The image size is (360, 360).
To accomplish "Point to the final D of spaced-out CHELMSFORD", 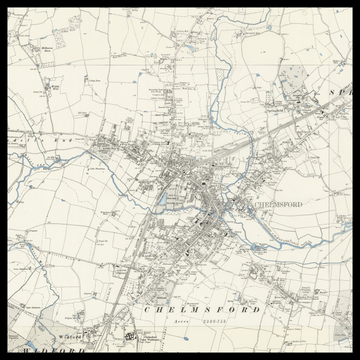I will [x=257, y=310].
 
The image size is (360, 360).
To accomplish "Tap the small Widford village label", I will [x=68, y=337].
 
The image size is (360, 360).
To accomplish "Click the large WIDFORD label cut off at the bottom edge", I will [x=40, y=351].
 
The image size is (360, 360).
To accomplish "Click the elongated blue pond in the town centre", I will [x=161, y=199].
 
